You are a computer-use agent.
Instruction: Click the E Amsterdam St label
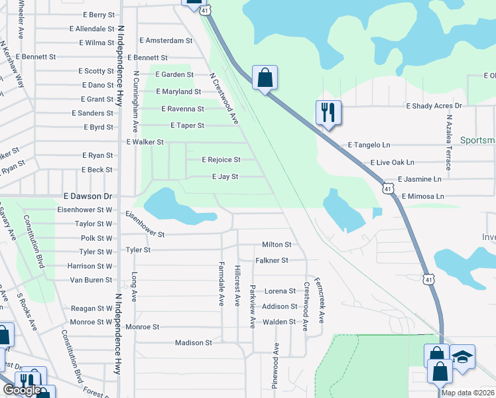[x=163, y=40]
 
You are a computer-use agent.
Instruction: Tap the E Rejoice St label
[x=221, y=160]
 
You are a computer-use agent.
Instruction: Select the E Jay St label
[x=225, y=177]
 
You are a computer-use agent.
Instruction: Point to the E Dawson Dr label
[x=90, y=197]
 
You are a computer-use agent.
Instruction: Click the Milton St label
[x=277, y=245]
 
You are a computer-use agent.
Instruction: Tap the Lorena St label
[x=280, y=291]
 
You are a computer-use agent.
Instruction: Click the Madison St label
[x=193, y=343]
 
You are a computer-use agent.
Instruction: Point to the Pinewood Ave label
[x=275, y=365]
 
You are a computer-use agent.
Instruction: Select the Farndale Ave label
[x=221, y=283]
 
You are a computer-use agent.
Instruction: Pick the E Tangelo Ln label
[x=369, y=145]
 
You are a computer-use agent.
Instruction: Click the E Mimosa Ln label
[x=422, y=197]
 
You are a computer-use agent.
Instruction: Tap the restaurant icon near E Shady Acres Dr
[x=328, y=112]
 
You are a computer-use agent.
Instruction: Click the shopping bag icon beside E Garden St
[x=265, y=78]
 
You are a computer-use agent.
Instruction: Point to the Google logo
[x=22, y=391]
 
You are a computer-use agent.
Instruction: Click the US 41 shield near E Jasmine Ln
[x=387, y=190]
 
